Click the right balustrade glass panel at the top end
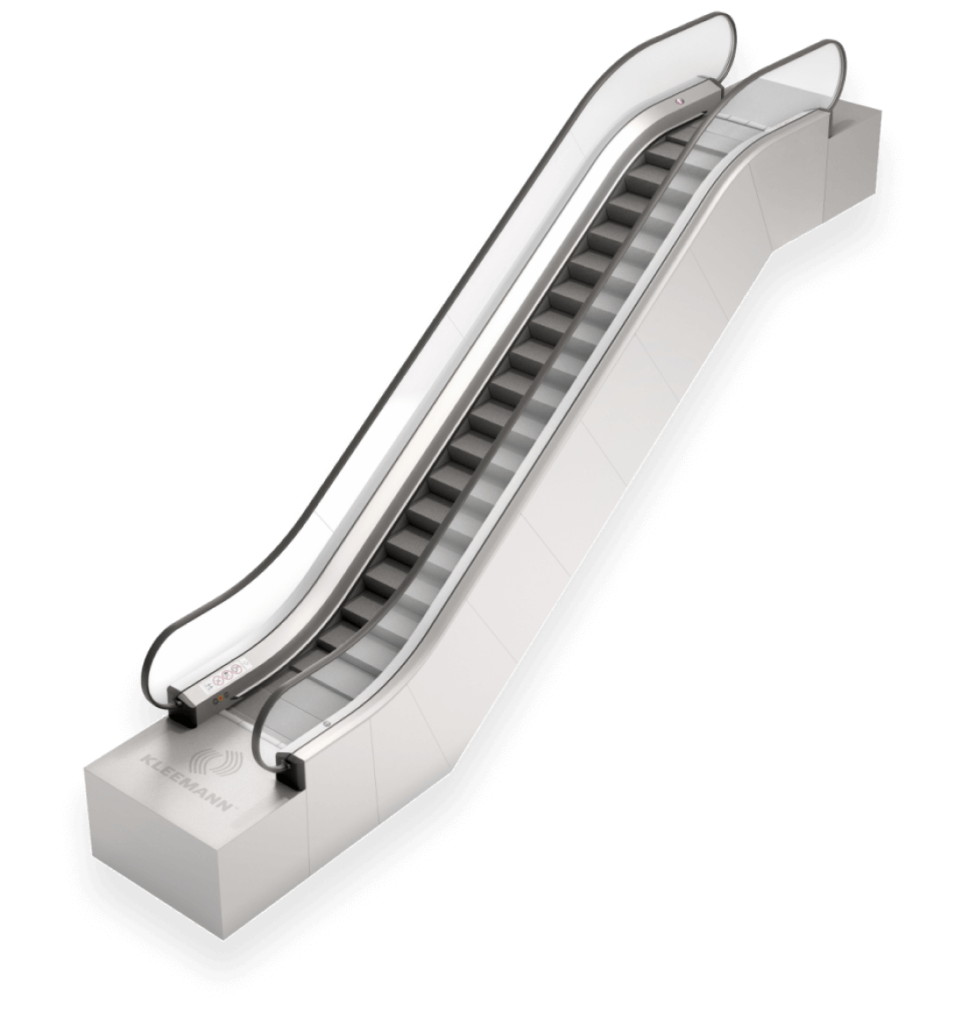coord(804,83)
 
